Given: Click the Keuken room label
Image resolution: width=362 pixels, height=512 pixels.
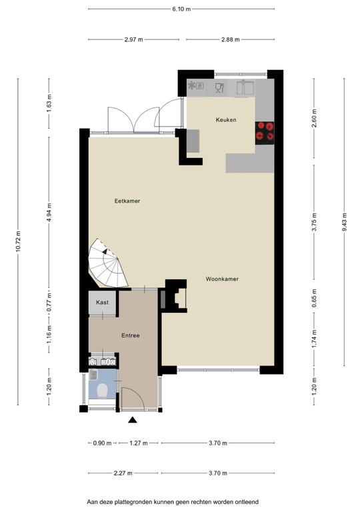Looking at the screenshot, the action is coord(226,120).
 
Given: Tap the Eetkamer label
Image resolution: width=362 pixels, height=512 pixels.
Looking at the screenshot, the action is coord(127,201).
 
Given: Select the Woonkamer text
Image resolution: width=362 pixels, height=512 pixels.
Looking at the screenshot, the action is coord(222,279).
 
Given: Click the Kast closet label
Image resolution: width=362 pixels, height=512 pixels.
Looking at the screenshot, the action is coord(102,303).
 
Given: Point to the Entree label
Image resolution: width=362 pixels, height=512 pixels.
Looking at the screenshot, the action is coord(131,335).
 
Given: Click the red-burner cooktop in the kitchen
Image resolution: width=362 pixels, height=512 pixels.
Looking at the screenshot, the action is coord(265,133).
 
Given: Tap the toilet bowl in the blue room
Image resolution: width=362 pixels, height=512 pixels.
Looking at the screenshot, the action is coord(103,391).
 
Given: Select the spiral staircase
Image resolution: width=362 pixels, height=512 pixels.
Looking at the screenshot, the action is coord(108,263).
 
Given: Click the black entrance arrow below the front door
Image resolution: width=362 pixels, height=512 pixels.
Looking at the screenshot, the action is coord(132,420).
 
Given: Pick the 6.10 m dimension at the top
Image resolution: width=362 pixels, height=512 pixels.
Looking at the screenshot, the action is coord(181,9).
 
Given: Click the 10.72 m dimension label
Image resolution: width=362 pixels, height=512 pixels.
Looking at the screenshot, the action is coord(18,241).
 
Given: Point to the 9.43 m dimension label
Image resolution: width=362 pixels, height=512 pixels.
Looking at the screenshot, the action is coord(345,222).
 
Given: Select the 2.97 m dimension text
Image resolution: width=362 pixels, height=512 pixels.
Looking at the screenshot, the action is coord(134,39).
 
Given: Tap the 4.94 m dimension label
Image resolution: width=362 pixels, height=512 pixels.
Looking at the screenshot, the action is coord(49,212).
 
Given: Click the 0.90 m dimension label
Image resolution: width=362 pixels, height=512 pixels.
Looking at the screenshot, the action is coord(103,443).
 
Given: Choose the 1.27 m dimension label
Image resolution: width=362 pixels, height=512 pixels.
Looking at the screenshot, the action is coord(139,443).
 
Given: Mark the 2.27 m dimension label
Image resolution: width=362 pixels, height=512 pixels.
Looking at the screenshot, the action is coord(123,473).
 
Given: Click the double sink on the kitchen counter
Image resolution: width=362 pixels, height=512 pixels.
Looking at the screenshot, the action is coord(245,87).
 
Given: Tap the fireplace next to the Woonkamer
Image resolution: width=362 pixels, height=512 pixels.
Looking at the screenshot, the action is coord(176,296).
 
